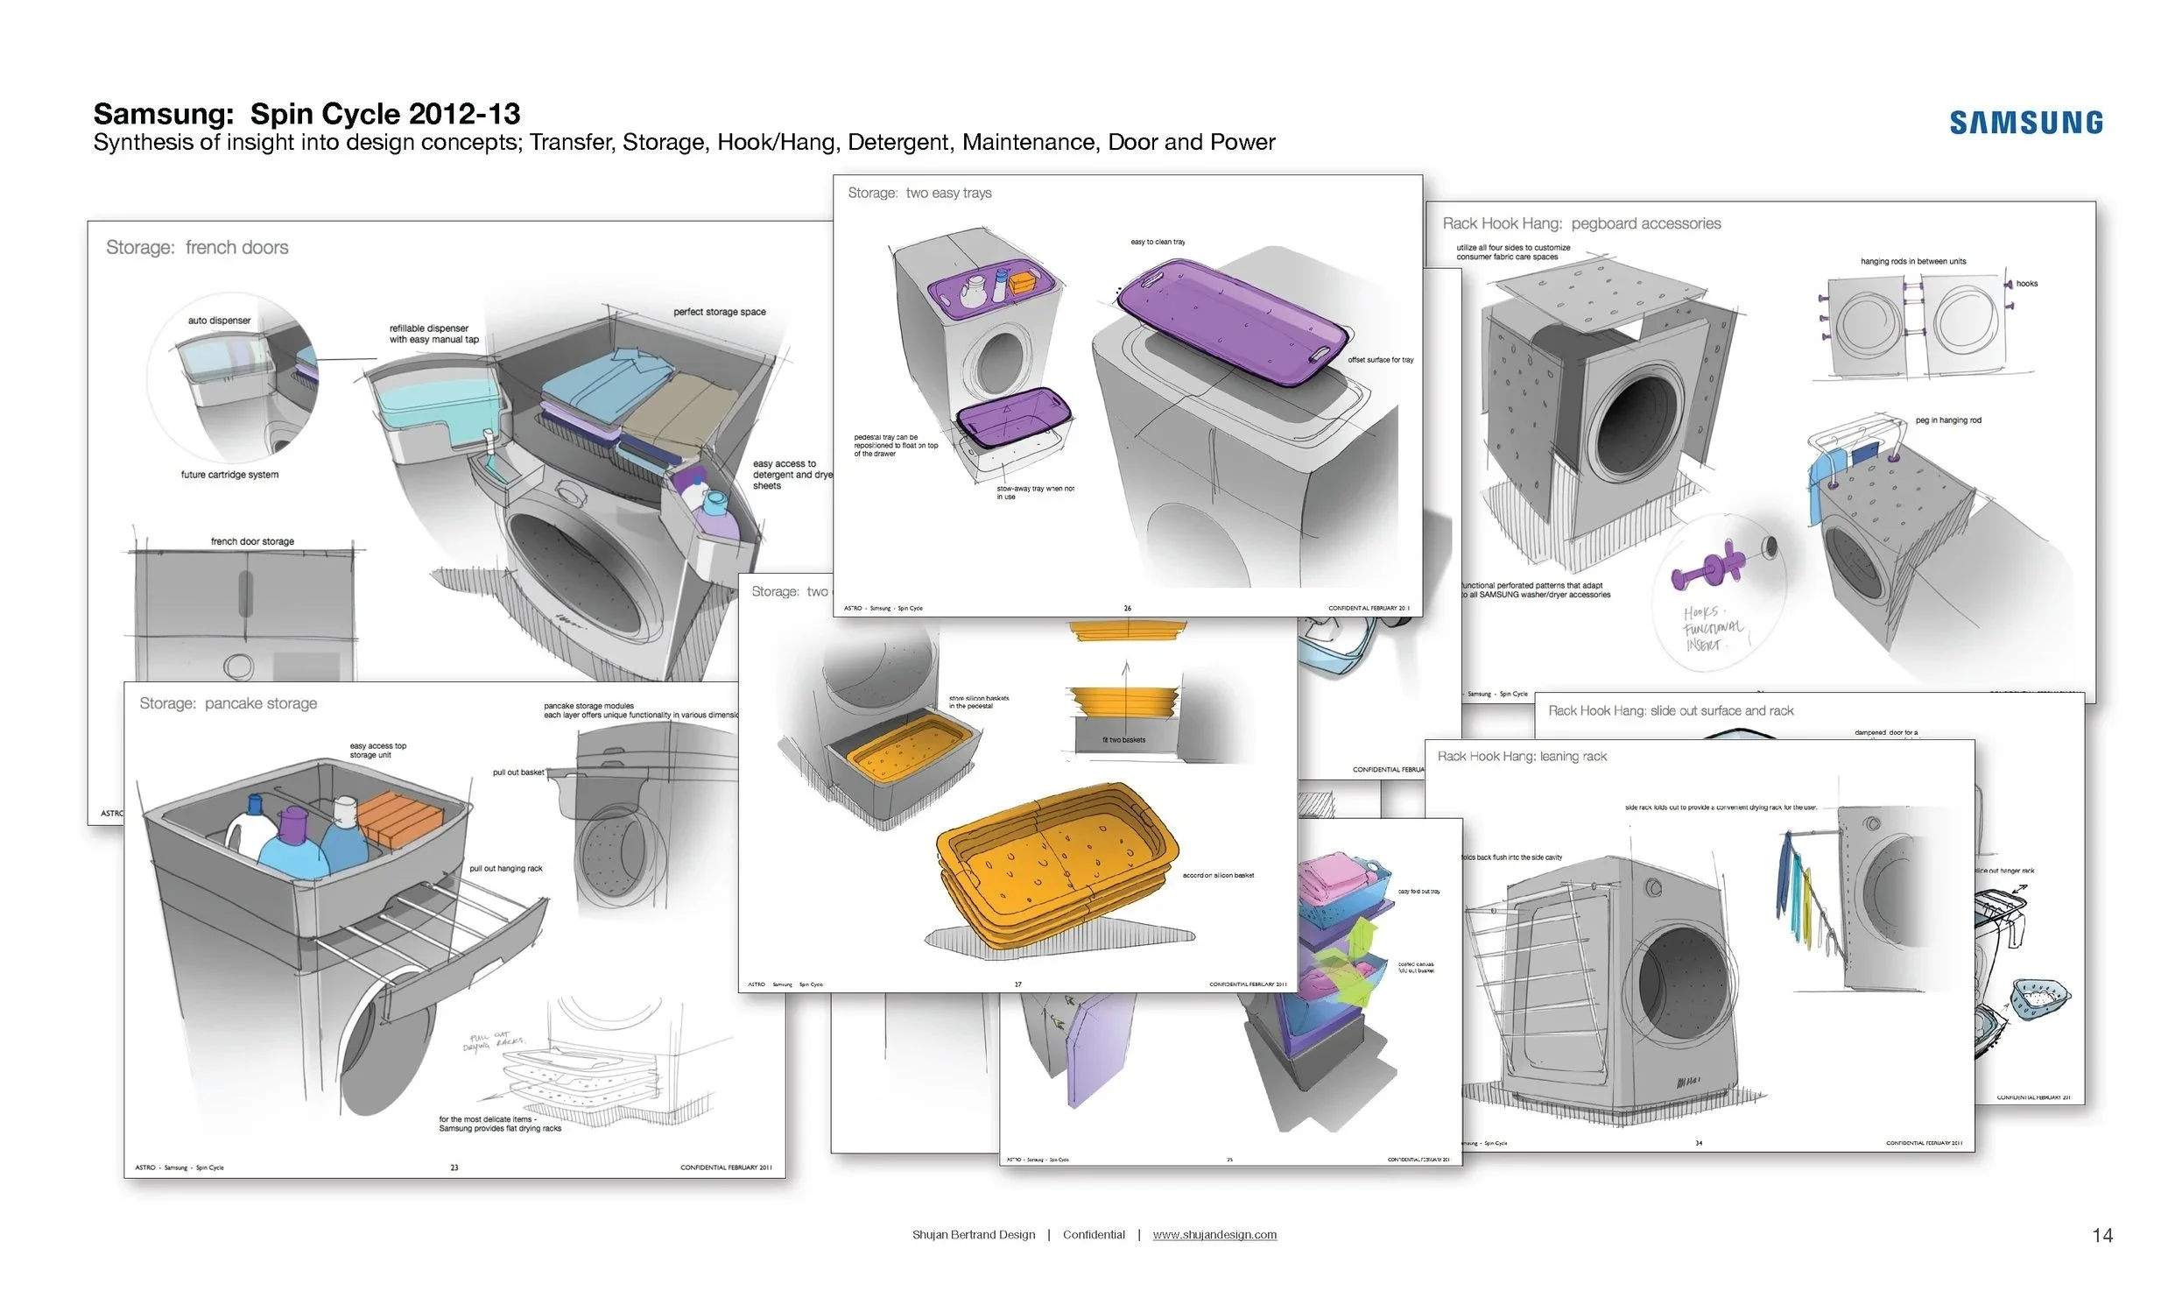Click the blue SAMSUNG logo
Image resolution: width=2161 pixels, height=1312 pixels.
tap(2025, 122)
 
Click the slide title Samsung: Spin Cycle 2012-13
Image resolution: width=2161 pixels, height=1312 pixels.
tap(306, 114)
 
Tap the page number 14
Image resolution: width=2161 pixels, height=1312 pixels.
tap(2101, 1235)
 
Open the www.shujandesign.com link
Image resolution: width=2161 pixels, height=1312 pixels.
tap(1214, 1234)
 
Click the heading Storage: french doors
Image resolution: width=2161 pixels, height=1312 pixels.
tap(196, 247)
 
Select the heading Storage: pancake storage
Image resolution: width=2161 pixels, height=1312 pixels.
tap(227, 703)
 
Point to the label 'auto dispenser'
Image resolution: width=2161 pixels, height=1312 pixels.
tap(218, 320)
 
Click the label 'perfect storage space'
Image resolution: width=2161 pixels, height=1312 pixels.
tap(719, 311)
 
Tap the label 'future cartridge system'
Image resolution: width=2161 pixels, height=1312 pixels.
tap(229, 475)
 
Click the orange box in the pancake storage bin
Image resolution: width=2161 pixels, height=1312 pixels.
tap(399, 815)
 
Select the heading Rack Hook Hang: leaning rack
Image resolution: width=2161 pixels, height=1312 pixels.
tap(1522, 756)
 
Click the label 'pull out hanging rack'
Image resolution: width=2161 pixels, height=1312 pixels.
tap(505, 868)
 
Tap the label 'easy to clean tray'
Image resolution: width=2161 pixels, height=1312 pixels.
tap(1157, 241)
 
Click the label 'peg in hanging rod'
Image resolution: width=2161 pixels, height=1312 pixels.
tap(1948, 420)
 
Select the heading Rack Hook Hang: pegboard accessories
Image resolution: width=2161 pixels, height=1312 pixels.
tap(1581, 223)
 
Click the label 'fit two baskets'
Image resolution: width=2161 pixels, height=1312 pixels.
tap(1123, 739)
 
